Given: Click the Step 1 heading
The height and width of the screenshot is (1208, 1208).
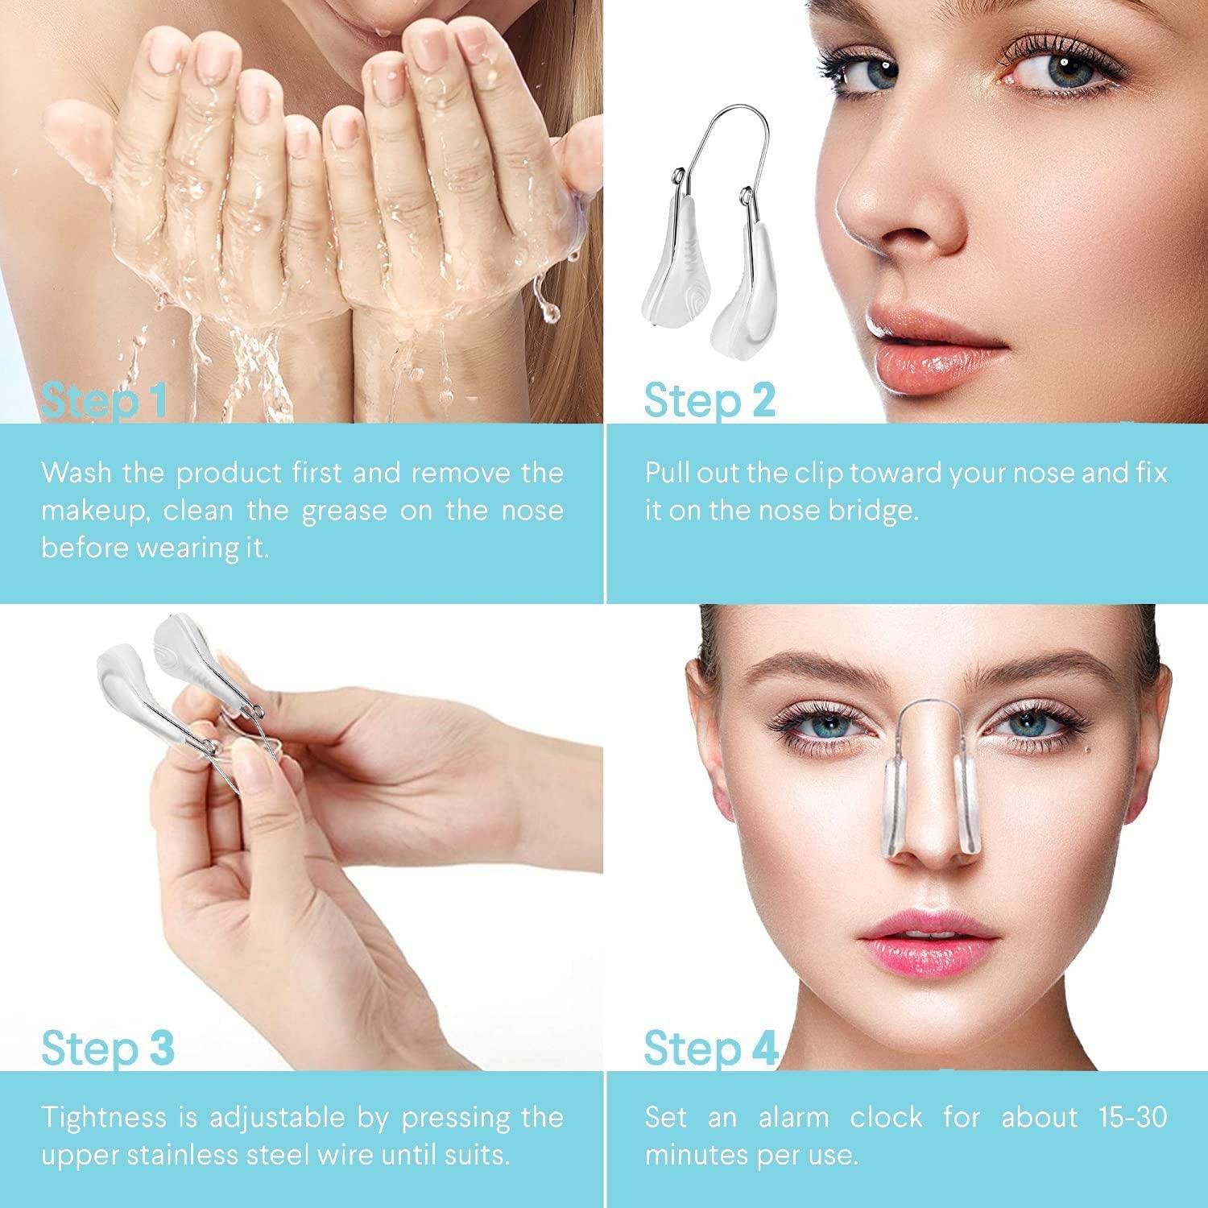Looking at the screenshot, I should (104, 400).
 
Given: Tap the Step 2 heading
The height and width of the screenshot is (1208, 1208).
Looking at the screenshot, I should (709, 400).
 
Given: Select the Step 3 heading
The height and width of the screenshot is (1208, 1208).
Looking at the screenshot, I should (107, 1048).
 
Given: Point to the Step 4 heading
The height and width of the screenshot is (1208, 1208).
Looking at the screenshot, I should (710, 1048).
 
